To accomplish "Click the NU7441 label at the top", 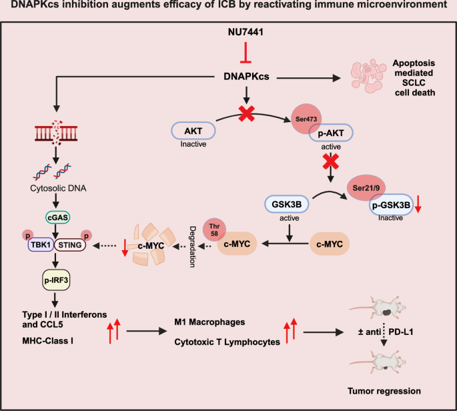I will [248, 33].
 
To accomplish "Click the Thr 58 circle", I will [215, 228].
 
